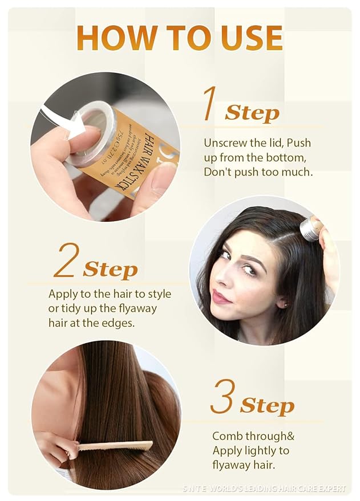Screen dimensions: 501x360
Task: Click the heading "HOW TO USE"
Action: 180,38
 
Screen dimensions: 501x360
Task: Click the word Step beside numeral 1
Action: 252,113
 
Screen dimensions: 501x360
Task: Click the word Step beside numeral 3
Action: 267,406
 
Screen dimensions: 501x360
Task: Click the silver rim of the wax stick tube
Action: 92,134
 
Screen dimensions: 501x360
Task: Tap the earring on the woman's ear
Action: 283,305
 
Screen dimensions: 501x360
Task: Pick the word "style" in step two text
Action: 159,294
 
